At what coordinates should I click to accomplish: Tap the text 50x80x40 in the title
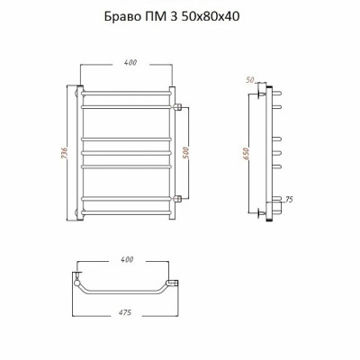[x=210, y=16]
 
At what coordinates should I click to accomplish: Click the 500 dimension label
[x=186, y=153]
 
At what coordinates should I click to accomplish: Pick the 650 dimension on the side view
[x=246, y=153]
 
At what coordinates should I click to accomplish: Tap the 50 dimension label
[x=250, y=79]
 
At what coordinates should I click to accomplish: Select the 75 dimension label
[x=288, y=200]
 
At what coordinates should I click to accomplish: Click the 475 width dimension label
[x=125, y=312]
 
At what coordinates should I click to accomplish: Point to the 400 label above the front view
[x=130, y=62]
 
